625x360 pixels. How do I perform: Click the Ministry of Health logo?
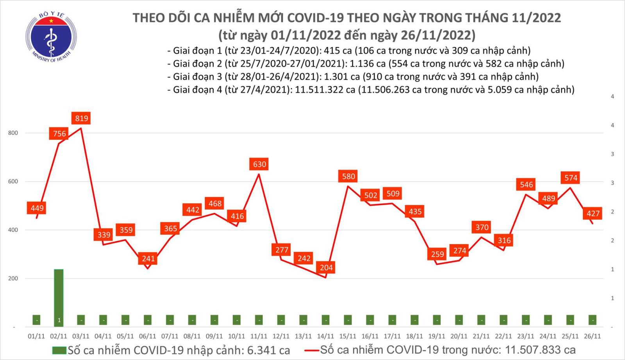click(51, 37)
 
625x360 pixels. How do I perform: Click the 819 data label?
click(82, 118)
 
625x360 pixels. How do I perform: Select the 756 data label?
click(59, 134)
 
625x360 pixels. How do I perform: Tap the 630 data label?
click(259, 164)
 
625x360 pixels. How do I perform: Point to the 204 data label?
click(326, 267)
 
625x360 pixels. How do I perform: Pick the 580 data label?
click(348, 176)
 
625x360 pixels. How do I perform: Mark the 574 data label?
click(571, 178)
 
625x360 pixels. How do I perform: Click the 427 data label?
click(593, 213)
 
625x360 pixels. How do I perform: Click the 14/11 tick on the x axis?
click(325, 336)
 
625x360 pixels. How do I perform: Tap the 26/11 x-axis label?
click(593, 336)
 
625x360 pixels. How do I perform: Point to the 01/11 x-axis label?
click(36, 336)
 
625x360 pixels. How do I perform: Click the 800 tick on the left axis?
click(13, 133)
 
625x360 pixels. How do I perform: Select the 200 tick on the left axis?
click(13, 278)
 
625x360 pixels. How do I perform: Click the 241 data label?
click(148, 258)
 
